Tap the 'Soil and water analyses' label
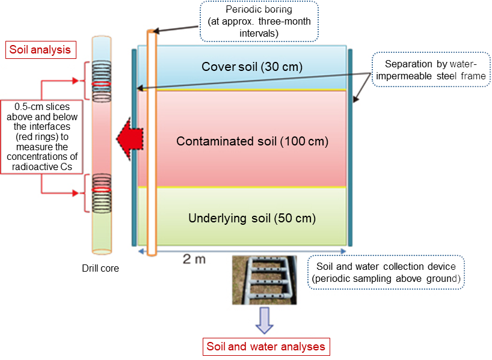click(265, 346)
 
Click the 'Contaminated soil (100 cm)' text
click(252, 142)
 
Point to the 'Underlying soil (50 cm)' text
click(252, 218)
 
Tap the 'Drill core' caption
click(100, 268)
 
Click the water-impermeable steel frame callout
click(428, 70)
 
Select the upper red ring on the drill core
click(100, 82)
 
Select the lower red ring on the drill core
click(100, 189)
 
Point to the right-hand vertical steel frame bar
click(350, 147)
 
